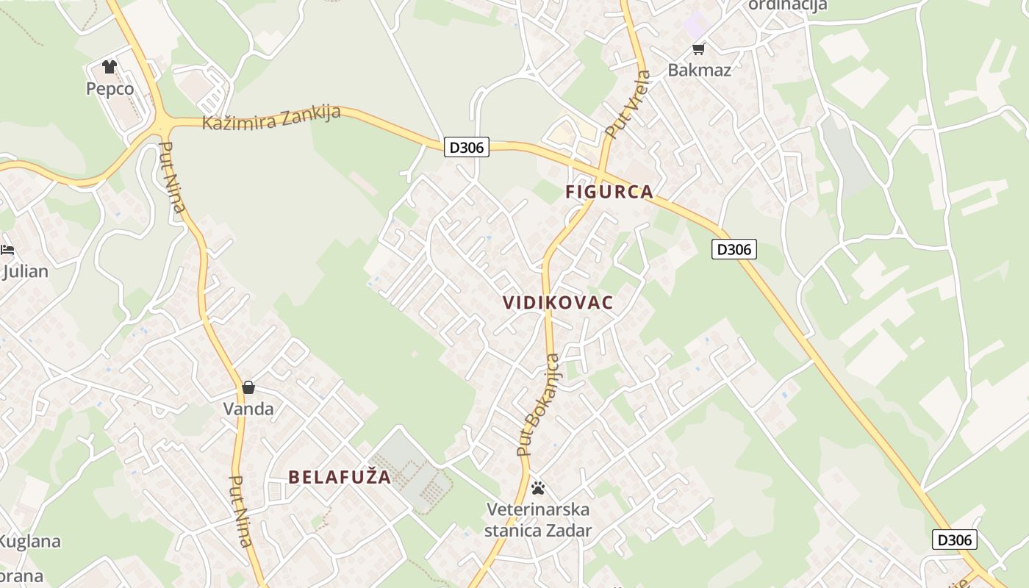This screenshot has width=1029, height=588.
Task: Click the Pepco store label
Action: [110, 89]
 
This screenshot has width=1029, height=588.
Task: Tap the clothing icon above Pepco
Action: [110, 67]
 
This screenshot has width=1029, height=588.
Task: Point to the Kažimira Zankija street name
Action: [271, 118]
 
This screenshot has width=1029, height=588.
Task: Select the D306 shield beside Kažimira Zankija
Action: [466, 147]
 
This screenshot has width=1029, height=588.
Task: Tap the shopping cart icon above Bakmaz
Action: [698, 49]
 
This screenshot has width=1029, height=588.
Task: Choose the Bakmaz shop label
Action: [699, 70]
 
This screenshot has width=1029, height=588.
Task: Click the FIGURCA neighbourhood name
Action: [609, 192]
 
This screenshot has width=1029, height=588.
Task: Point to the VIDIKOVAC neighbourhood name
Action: [558, 303]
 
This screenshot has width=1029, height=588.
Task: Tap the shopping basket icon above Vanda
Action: [248, 387]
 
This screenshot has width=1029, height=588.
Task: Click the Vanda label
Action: [248, 409]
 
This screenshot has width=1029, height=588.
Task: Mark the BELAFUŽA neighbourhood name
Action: [340, 477]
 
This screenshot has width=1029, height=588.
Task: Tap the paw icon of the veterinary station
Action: [538, 487]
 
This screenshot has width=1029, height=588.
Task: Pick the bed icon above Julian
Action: [7, 250]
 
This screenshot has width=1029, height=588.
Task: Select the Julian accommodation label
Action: [25, 271]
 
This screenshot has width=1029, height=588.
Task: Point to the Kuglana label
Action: [29, 542]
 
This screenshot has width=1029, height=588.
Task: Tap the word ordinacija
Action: [787, 5]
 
